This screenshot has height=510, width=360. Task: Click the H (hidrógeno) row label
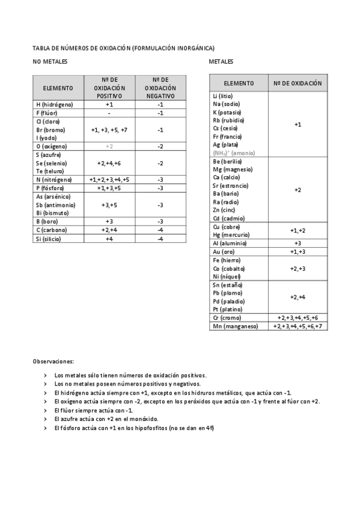pyautogui.click(x=55, y=105)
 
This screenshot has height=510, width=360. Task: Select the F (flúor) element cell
pyautogui.click(x=46, y=113)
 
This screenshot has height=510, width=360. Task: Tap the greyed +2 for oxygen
pyautogui.click(x=109, y=146)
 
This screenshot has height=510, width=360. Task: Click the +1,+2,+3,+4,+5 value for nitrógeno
pyautogui.click(x=109, y=180)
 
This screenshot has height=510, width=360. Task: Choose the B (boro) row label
pyautogui.click(x=47, y=221)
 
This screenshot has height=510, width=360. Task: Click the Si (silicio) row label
pyautogui.click(x=48, y=239)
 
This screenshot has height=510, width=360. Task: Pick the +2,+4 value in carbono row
pyautogui.click(x=109, y=230)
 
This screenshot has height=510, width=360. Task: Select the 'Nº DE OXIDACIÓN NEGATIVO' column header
pyautogui.click(x=160, y=88)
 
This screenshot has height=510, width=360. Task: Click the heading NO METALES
pyautogui.click(x=50, y=62)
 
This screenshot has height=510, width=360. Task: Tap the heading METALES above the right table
pyautogui.click(x=221, y=62)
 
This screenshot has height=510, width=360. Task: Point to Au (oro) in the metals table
pyautogui.click(x=224, y=251)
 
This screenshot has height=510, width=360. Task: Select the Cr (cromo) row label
pyautogui.click(x=227, y=318)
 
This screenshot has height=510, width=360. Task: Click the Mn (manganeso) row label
pyautogui.click(x=235, y=326)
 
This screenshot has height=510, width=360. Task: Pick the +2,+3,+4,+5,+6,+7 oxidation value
pyautogui.click(x=297, y=326)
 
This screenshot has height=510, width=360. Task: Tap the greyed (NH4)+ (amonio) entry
pyautogui.click(x=234, y=153)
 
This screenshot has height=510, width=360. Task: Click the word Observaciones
pyautogui.click(x=53, y=361)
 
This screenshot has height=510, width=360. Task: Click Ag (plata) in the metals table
pyautogui.click(x=225, y=144)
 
